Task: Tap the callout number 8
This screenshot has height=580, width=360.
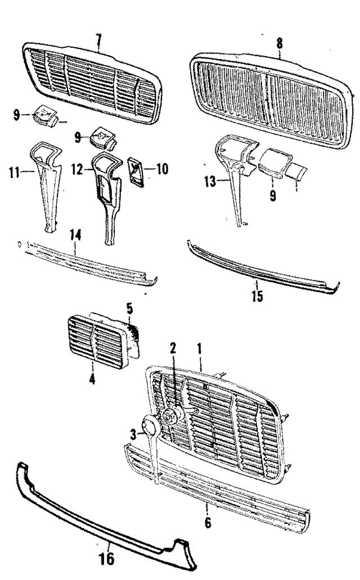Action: [x=280, y=43]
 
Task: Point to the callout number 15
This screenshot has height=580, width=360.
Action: [x=257, y=296]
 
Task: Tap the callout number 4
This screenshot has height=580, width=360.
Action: [x=92, y=378]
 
